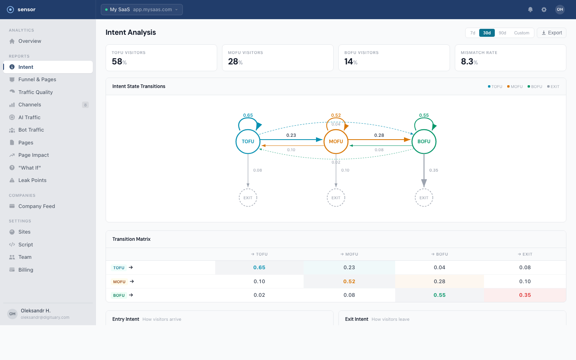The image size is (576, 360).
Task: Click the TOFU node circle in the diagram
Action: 248,142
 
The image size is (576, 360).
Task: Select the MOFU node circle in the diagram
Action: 336,142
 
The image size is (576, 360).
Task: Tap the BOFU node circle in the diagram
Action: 424,142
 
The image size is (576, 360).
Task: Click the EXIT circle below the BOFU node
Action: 424,198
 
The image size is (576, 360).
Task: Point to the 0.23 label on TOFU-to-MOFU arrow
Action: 291,135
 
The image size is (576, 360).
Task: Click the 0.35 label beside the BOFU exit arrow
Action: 434,170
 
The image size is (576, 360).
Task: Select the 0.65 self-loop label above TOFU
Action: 248,115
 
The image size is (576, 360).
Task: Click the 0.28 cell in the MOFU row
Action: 439,282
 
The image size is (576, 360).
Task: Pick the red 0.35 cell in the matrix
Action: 525,295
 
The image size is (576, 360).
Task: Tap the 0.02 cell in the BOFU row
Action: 259,295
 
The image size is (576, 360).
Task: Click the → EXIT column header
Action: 525,254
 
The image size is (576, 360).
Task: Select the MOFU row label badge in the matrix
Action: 119,282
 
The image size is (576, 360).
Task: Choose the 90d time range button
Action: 502,33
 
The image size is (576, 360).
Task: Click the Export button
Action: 552,33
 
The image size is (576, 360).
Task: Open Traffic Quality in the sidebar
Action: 36,92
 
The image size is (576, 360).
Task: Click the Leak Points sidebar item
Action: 32,180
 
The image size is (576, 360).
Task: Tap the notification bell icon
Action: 530,10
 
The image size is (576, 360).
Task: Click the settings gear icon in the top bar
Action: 544,10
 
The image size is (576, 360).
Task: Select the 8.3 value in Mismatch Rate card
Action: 467,62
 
